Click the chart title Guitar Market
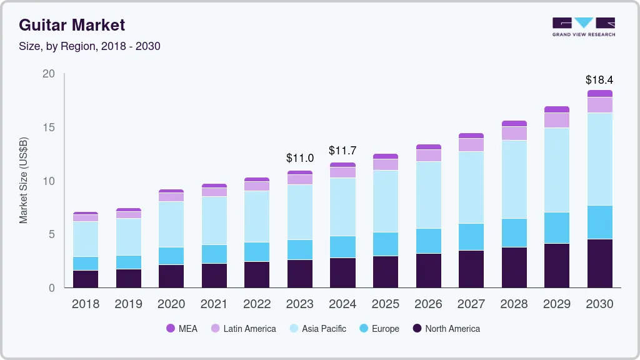tap(72, 25)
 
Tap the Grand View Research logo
tap(583, 27)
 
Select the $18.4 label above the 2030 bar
tap(599, 80)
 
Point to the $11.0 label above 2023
tap(300, 158)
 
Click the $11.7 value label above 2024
tap(343, 151)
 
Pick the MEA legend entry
tap(182, 328)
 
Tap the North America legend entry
tap(446, 328)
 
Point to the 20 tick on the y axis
tap(49, 74)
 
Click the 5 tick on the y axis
tap(52, 234)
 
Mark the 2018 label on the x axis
tap(85, 304)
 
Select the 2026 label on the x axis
tap(429, 304)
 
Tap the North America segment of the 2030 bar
tap(600, 263)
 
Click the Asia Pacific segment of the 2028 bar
tap(514, 179)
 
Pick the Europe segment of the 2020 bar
tap(171, 256)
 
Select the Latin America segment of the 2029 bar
tap(557, 120)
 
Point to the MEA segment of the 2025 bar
tap(386, 156)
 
